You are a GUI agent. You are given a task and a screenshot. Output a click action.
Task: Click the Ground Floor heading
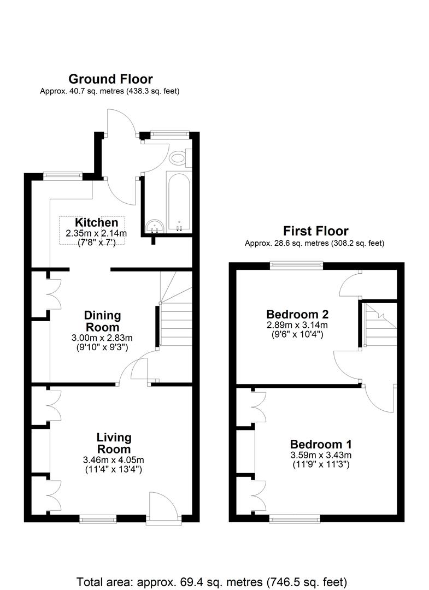pyautogui.click(x=110, y=79)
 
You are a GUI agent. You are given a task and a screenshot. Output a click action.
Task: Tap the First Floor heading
pyautogui.click(x=316, y=231)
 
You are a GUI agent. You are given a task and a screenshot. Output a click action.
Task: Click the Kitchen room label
pyautogui.click(x=96, y=222)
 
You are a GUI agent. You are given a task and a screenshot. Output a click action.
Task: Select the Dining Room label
pyautogui.click(x=102, y=321)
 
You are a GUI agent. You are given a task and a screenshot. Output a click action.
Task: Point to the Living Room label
pyautogui.click(x=114, y=443)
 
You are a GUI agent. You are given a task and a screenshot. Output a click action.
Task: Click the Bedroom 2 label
pyautogui.click(x=297, y=314)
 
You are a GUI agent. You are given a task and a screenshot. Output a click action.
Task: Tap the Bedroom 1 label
pyautogui.click(x=321, y=444)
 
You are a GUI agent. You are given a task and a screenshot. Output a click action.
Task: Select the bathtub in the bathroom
pyautogui.click(x=179, y=203)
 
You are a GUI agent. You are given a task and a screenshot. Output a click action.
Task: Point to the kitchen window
pyautogui.click(x=62, y=175)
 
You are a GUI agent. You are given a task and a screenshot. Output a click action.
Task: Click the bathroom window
pyautogui.click(x=169, y=133)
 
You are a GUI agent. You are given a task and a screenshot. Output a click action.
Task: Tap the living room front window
pyautogui.click(x=98, y=520)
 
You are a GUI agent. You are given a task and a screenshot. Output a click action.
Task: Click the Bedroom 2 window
pyautogui.click(x=297, y=265)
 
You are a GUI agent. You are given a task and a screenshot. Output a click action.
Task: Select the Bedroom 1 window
pyautogui.click(x=295, y=520)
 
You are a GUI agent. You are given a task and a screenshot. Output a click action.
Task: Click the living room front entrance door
pyautogui.click(x=164, y=508)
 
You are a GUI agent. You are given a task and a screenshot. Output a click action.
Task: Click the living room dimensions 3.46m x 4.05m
pyautogui.click(x=114, y=460)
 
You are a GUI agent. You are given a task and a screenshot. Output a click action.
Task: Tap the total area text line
pyautogui.click(x=212, y=582)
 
